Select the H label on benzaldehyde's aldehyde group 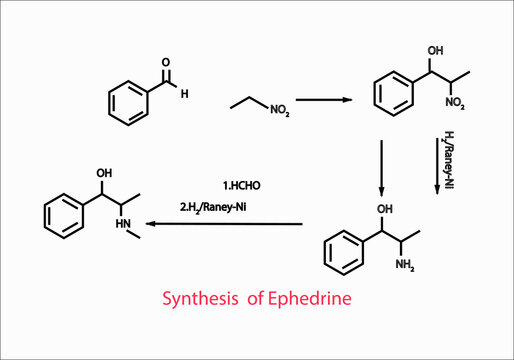(x=184, y=95)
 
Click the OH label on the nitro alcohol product (x=433, y=50)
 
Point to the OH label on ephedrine (x=104, y=172)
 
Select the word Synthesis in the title (x=200, y=299)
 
